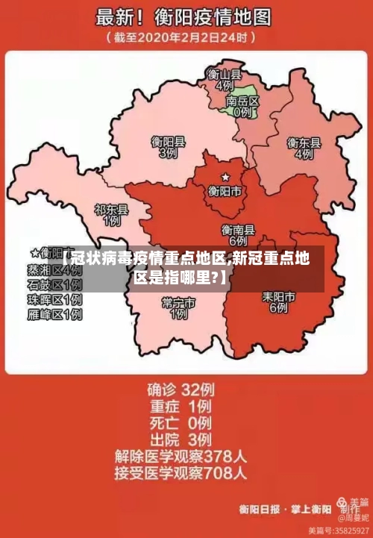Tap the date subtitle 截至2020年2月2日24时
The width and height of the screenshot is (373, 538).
pyautogui.click(x=183, y=37)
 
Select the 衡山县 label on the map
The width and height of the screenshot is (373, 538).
pyautogui.click(x=224, y=74)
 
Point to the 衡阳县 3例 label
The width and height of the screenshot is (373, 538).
pyautogui.click(x=168, y=146)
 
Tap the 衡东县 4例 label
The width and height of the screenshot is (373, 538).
pyautogui.click(x=304, y=148)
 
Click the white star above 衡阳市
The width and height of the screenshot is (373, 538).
pyautogui.click(x=225, y=178)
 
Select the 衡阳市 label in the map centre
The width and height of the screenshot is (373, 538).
pyautogui.click(x=225, y=192)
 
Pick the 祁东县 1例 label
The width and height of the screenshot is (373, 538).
pyautogui.click(x=112, y=216)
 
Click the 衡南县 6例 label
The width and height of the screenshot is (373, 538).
pyautogui.click(x=238, y=235)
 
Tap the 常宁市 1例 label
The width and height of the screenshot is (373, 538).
pyautogui.click(x=178, y=307)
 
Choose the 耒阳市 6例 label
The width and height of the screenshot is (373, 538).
pyautogui.click(x=278, y=301)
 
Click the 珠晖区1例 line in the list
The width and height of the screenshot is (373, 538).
pyautogui.click(x=54, y=300)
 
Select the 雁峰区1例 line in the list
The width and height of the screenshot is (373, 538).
pyautogui.click(x=54, y=315)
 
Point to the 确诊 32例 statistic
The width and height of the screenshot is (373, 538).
pyautogui.click(x=180, y=389)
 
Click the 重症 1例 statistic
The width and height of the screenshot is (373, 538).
pyautogui.click(x=180, y=406)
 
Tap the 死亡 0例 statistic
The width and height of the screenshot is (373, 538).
pyautogui.click(x=180, y=422)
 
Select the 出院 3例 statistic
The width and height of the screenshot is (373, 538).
pyautogui.click(x=180, y=439)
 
